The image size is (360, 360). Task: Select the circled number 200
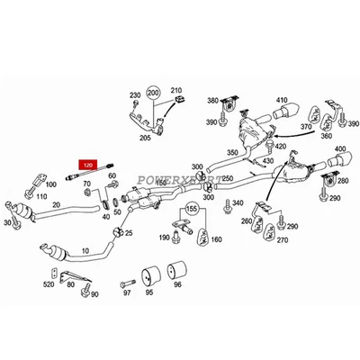tap(154, 93)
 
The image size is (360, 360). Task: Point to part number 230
tap(135, 94)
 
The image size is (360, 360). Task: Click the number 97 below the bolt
tap(127, 293)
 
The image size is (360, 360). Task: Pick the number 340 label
tap(238, 204)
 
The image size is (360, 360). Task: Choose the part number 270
tap(281, 240)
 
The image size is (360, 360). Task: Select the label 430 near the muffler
tap(268, 160)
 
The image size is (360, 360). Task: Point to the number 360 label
tap(325, 137)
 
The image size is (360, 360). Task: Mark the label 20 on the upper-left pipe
tap(56, 205)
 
